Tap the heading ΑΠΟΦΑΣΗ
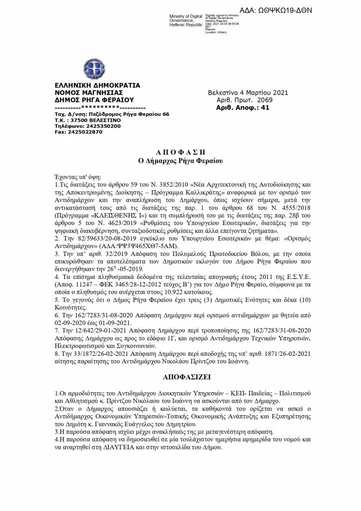(180, 151)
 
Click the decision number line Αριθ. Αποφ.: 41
(242, 107)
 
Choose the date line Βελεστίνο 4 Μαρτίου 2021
(248, 92)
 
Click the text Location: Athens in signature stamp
(215, 32)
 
